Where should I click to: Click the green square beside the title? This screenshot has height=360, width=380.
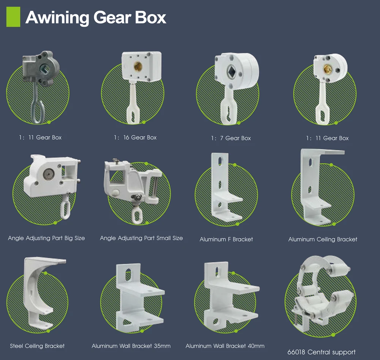pos(13,17)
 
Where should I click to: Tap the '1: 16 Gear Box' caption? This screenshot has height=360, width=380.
pos(135,137)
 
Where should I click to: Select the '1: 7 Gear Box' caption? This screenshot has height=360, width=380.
pos(231,138)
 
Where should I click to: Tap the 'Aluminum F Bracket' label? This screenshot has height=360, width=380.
pos(226,239)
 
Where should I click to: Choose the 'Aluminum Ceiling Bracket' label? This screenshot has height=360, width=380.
pos(323,239)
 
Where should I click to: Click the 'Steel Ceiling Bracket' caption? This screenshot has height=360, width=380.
pos(37,346)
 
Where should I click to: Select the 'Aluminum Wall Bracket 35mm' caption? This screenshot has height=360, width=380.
pos(131,346)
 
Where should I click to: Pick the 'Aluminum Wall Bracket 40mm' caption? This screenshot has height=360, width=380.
pos(225,346)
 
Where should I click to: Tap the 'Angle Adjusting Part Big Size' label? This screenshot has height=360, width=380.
pos(46,238)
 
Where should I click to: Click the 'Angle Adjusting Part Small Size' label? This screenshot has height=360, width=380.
pos(141,238)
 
